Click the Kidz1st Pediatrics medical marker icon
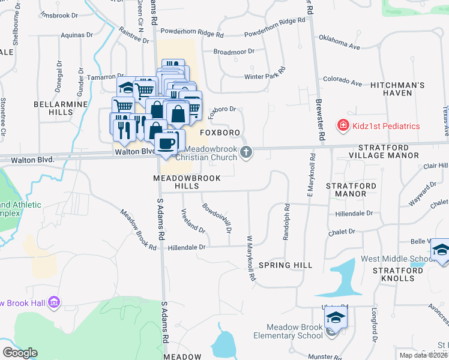click(343, 125)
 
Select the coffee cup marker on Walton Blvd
click(166, 143)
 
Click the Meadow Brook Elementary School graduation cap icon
click(336, 317)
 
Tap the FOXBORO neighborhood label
click(220, 132)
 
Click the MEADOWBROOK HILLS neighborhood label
click(187, 182)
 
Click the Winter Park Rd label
click(264, 77)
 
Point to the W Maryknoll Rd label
click(251, 258)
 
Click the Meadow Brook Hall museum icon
click(54, 301)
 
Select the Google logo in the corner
click(20, 353)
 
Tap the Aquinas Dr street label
click(74, 35)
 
